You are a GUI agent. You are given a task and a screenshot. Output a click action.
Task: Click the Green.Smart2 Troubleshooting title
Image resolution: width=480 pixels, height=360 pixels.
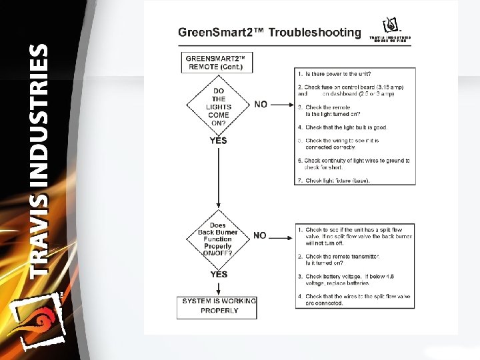pyautogui.click(x=269, y=33)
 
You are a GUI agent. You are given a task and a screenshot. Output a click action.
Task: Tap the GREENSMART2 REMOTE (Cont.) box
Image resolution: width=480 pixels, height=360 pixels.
pyautogui.click(x=217, y=62)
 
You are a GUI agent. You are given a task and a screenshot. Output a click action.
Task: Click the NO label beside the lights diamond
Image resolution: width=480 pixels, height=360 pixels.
pyautogui.click(x=261, y=104)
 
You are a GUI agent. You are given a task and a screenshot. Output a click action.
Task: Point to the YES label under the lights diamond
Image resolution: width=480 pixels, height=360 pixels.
pyautogui.click(x=218, y=141)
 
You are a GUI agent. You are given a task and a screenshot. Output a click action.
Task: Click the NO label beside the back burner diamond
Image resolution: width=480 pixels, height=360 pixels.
pyautogui.click(x=260, y=235)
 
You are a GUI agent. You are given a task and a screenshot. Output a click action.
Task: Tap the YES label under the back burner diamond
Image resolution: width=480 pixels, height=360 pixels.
pyautogui.click(x=218, y=274)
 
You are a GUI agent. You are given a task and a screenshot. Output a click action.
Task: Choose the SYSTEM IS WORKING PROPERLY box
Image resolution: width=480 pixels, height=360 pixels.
pyautogui.click(x=219, y=305)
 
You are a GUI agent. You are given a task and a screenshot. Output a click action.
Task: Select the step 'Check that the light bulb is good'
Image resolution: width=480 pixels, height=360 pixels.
pyautogui.click(x=346, y=127)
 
